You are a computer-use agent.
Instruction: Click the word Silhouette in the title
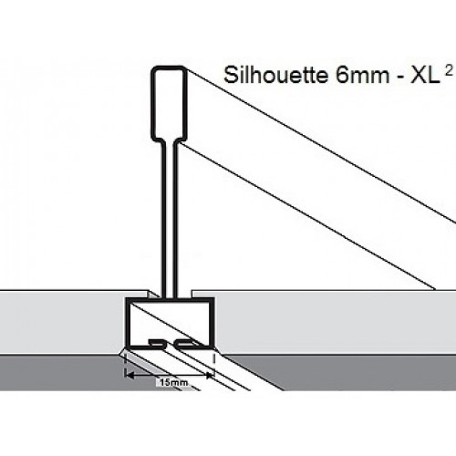click(x=275, y=75)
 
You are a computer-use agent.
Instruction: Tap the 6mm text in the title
click(x=362, y=76)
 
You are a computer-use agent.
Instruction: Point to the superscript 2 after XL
click(x=448, y=71)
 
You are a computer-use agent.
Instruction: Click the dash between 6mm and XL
click(x=399, y=78)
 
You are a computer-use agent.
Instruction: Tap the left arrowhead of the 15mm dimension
click(x=130, y=376)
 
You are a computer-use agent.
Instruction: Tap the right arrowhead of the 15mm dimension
click(x=210, y=376)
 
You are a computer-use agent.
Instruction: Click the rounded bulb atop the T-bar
click(x=169, y=103)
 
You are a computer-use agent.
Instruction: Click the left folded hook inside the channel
click(x=157, y=343)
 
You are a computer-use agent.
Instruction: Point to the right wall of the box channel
click(x=212, y=323)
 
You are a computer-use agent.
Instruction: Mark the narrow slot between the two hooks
click(x=170, y=344)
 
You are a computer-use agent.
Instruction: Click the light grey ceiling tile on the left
click(x=62, y=322)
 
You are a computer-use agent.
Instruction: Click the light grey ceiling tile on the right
click(x=335, y=322)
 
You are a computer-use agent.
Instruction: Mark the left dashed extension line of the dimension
click(x=126, y=365)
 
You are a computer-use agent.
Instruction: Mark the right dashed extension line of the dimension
click(x=214, y=365)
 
